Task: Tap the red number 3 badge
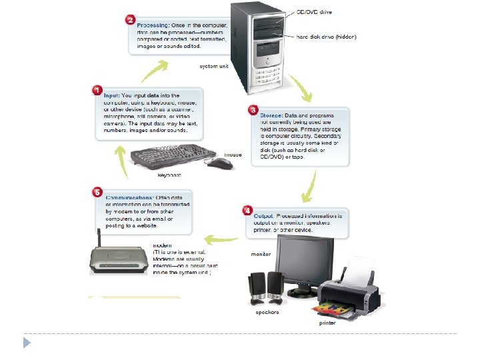coord(253,109)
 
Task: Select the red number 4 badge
coord(247,211)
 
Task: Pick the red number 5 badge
coord(97,193)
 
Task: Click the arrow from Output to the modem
coord(221,237)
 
